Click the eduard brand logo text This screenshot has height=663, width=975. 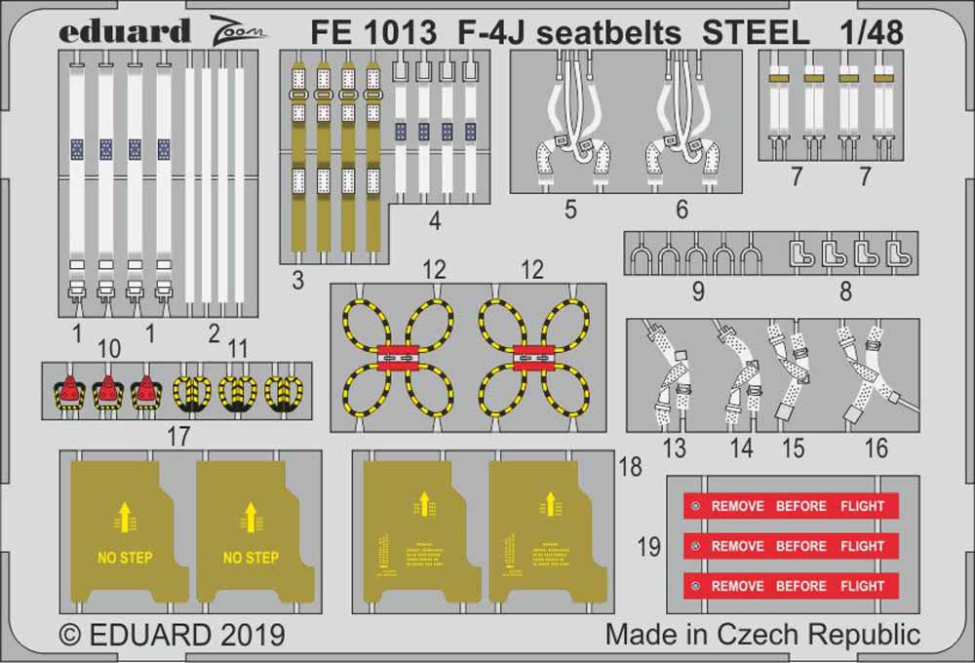tap(124, 31)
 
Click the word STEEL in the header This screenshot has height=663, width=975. tap(757, 33)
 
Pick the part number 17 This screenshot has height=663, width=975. tap(177, 437)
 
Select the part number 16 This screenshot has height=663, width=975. tap(877, 448)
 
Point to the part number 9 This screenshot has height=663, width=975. tap(698, 291)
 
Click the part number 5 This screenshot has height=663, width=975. tap(570, 209)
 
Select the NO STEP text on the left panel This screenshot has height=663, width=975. tap(126, 558)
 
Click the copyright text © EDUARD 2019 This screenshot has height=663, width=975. tap(172, 635)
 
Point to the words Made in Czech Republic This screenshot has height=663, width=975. tap(762, 634)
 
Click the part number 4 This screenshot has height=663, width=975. tap(435, 221)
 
